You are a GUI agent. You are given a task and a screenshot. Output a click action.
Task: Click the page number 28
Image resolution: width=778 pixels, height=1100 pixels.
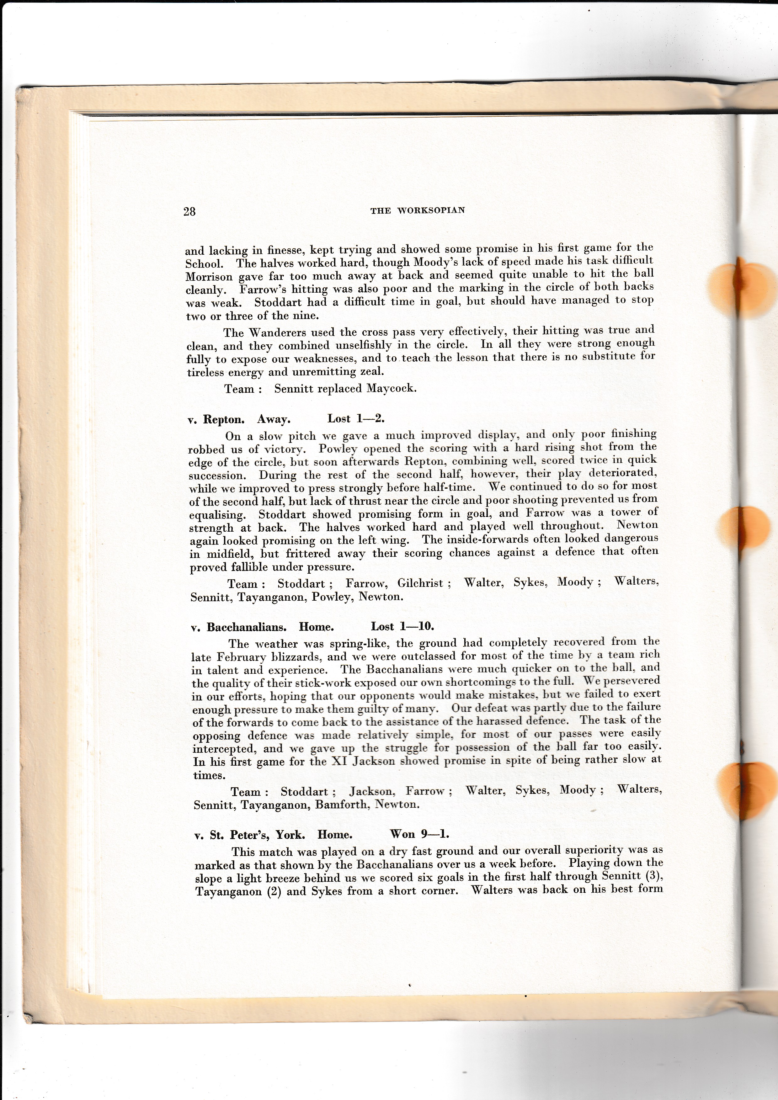189,212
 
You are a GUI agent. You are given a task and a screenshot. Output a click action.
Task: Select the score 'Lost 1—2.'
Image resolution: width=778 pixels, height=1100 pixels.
356,418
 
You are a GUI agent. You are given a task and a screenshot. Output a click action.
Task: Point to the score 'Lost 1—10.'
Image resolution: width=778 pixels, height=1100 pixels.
402,626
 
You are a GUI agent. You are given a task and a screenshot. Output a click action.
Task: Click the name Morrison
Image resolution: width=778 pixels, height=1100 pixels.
209,277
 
